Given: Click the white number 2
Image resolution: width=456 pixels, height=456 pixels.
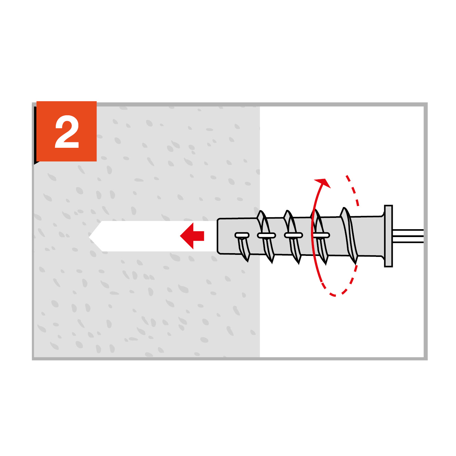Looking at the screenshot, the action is point(67,132).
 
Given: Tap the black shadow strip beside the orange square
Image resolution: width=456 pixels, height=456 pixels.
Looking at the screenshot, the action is point(35,135).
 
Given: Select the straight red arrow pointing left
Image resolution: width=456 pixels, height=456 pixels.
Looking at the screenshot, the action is point(192,236).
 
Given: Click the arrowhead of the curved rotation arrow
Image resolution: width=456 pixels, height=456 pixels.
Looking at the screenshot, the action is point(323,183).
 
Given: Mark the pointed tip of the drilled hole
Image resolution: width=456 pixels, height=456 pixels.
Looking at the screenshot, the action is point(89,236).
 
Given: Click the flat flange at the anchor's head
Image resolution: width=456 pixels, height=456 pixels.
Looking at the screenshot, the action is point(388,236).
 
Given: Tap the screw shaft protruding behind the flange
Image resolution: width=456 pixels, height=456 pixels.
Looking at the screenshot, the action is point(408,236).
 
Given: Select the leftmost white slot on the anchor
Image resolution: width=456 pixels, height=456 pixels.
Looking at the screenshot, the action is point(242,235).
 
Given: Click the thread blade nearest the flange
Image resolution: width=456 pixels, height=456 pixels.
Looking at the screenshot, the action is point(349,235).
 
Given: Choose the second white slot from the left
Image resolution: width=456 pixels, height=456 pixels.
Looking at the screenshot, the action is point(266,235).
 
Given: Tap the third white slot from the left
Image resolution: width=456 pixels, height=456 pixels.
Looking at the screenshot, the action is point(294,235).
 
